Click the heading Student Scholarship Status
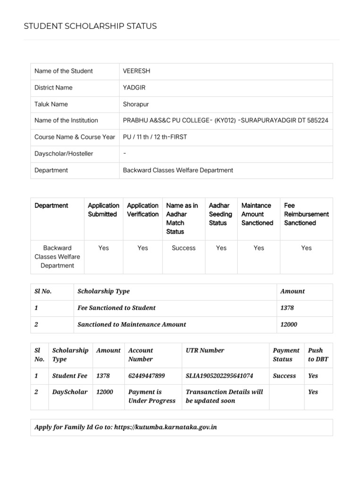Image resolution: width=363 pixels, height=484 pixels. (90, 26)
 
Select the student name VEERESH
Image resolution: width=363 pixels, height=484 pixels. (136, 71)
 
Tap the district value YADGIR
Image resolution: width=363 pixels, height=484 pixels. (134, 87)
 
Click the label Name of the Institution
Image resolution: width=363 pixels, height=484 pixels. (66, 121)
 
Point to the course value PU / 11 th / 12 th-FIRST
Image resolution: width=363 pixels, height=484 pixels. (155, 137)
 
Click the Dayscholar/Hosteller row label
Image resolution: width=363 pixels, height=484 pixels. (64, 154)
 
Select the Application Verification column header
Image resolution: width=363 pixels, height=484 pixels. (143, 210)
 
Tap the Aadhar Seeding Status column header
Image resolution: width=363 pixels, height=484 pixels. (220, 214)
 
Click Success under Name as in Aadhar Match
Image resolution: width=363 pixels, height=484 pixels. (183, 248)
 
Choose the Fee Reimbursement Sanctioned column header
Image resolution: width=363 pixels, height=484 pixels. (306, 214)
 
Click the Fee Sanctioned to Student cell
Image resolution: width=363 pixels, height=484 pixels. (116, 308)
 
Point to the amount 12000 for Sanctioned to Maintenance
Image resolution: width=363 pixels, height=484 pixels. (289, 324)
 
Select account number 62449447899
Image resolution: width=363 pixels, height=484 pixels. (147, 376)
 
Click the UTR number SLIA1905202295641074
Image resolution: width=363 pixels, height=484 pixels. (219, 376)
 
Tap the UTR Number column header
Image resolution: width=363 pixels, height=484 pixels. (205, 350)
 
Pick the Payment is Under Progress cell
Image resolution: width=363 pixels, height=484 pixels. (152, 396)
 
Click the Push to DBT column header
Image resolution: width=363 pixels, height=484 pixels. (318, 354)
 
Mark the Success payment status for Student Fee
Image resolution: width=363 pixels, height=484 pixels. (285, 376)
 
